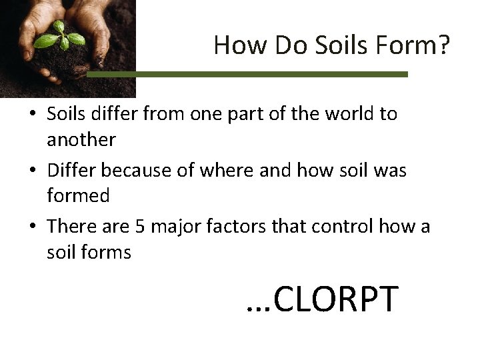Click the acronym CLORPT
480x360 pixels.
[x=335, y=299]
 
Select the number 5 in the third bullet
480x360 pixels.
[x=140, y=227]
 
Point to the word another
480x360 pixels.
[x=81, y=140]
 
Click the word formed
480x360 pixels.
[x=78, y=197]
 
